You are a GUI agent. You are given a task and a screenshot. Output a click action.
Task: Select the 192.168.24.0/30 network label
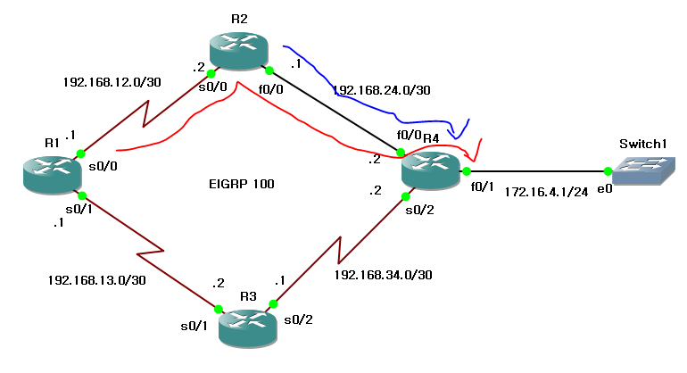[381, 90]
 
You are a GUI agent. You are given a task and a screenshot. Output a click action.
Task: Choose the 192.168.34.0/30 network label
[384, 274]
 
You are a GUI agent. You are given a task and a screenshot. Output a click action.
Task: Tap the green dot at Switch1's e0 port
[607, 171]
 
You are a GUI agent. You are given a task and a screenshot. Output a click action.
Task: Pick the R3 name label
[249, 295]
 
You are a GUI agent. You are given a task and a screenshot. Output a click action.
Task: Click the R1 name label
[52, 142]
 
